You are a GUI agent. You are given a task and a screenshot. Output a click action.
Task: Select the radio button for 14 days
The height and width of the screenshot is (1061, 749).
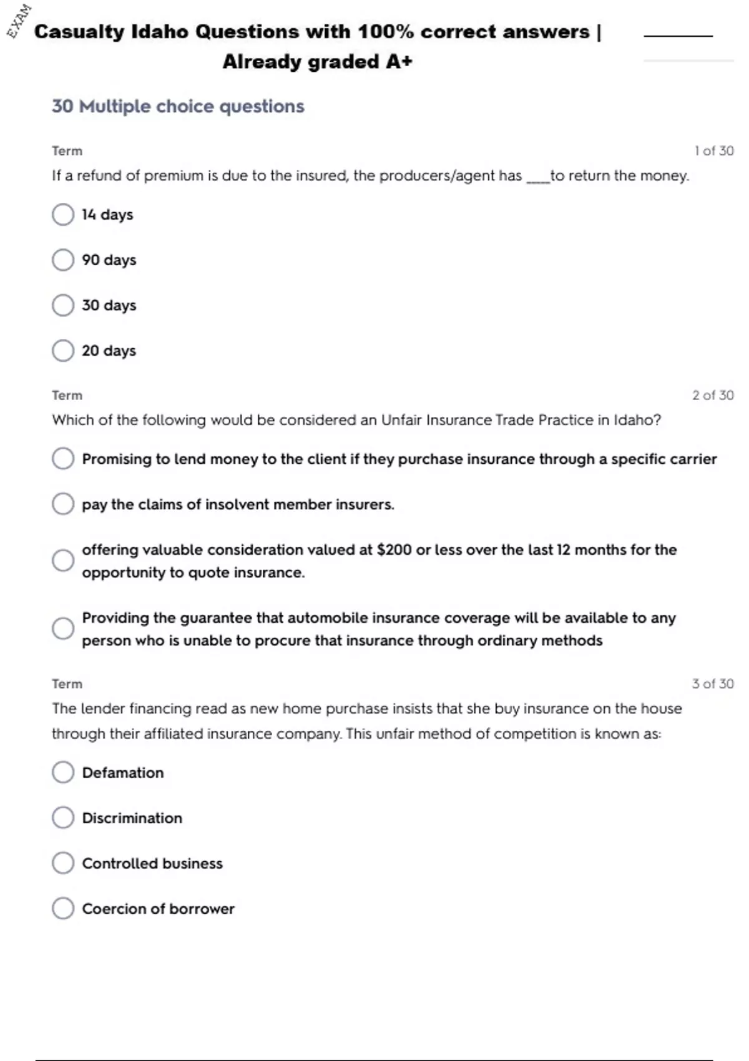click(63, 215)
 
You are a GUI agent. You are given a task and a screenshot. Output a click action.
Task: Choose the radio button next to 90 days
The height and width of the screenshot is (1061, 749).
click(63, 260)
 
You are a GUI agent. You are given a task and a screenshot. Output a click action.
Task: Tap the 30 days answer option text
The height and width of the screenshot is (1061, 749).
click(109, 305)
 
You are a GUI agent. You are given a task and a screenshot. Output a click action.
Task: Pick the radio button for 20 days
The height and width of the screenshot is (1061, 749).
click(63, 351)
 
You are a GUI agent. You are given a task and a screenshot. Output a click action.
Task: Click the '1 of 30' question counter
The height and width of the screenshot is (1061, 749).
click(713, 151)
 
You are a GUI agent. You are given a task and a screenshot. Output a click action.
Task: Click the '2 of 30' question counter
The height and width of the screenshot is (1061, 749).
click(713, 395)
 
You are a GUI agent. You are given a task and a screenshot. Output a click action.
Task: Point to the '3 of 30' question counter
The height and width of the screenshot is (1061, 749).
click(713, 684)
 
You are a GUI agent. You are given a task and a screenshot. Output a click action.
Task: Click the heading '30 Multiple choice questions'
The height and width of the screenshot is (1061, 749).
click(178, 107)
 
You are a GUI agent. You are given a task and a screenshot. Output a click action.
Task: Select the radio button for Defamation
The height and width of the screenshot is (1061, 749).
click(63, 772)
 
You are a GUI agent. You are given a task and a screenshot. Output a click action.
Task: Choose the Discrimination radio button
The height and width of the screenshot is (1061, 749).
click(63, 818)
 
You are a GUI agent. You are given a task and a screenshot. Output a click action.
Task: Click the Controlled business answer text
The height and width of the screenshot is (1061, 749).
click(152, 863)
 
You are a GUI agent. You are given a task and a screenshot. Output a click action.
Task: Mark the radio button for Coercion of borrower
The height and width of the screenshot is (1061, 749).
click(63, 909)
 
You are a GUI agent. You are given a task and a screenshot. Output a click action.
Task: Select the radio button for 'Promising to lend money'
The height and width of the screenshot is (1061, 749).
click(63, 459)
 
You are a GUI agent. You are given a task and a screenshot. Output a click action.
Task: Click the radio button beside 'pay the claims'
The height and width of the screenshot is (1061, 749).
click(63, 504)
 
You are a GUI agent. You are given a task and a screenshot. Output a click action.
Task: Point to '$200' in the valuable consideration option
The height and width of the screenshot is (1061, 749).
click(394, 550)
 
